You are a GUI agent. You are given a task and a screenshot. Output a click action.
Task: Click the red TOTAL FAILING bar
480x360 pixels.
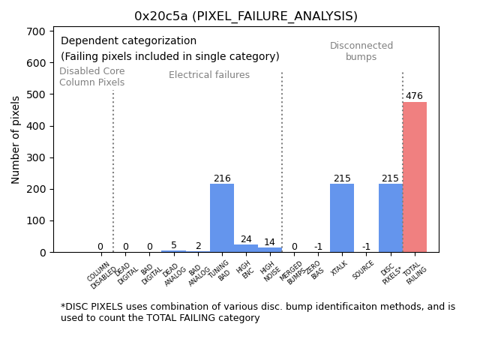[415, 177]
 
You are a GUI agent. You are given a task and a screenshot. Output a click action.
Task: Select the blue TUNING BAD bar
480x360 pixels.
[222, 217]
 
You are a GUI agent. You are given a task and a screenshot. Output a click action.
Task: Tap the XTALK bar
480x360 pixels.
[342, 217]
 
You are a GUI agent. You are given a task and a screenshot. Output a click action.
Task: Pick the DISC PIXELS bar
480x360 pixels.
[390, 217]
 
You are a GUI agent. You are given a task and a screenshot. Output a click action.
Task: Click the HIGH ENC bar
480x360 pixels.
[246, 248]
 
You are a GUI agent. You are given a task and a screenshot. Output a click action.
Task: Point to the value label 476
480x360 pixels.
[415, 96]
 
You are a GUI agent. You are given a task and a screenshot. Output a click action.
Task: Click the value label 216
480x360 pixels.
[222, 178]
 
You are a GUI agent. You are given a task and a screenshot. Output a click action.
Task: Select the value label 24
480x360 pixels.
[246, 239]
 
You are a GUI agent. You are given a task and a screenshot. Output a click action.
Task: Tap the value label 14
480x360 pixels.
[269, 242]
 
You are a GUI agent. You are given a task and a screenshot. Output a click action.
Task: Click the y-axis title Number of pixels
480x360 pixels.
[16, 139]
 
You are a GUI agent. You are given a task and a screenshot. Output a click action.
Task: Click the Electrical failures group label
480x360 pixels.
[209, 75]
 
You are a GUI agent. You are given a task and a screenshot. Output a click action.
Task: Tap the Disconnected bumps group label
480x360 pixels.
[361, 51]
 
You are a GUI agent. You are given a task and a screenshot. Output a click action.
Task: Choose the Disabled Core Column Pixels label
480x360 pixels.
[92, 76]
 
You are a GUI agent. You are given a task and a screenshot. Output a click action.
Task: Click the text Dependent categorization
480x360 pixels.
[128, 41]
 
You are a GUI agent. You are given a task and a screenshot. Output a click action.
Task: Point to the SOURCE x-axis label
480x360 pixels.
[364, 270]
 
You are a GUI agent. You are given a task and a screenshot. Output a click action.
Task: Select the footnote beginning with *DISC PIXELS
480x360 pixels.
[257, 312]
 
